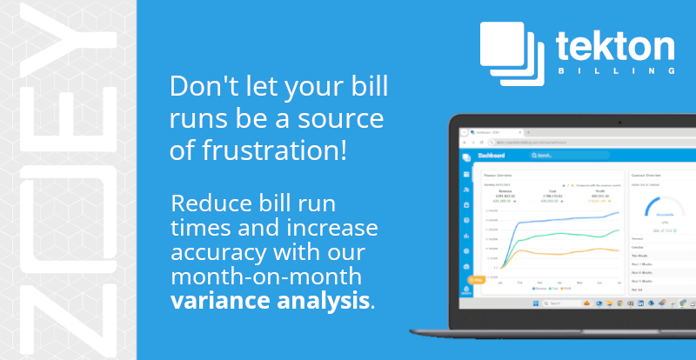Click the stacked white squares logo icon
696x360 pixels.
click(x=512, y=53)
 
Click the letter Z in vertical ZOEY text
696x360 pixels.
click(x=68, y=315)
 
